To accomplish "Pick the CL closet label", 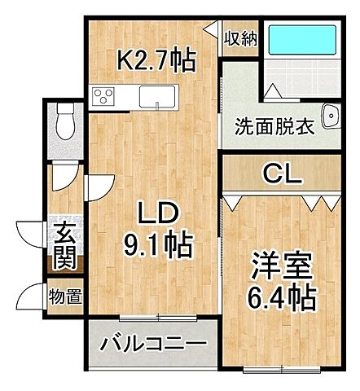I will (x=281, y=173).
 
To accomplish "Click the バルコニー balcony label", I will (x=153, y=344).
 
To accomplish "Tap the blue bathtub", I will (x=302, y=39).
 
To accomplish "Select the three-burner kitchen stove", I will (x=104, y=96).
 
